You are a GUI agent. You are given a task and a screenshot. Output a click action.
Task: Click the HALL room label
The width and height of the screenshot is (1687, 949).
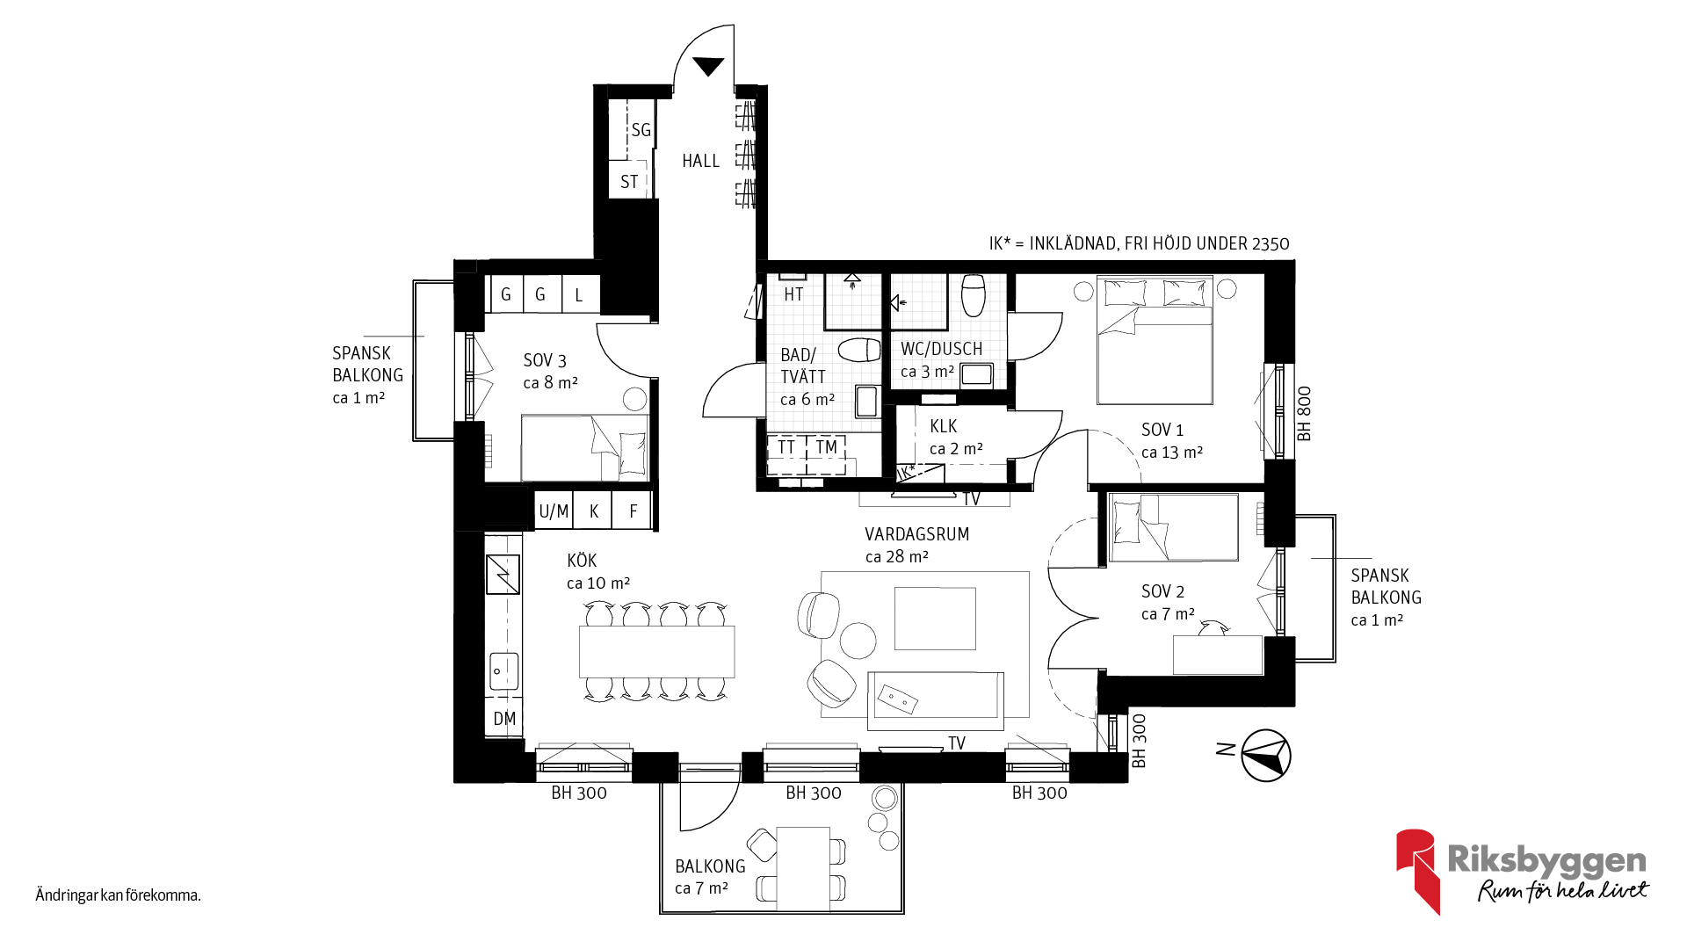pos(700,161)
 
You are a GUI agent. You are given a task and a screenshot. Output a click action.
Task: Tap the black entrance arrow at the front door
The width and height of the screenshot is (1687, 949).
pos(708,66)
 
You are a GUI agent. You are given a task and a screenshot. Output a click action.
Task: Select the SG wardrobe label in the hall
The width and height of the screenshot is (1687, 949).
pos(641,130)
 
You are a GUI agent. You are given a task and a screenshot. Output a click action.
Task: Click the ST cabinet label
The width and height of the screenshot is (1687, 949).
pos(629,182)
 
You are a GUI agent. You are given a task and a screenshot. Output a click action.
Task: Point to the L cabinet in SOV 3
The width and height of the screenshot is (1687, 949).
pos(579,295)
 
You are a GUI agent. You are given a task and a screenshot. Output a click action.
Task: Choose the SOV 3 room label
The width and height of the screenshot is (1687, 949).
pos(545,360)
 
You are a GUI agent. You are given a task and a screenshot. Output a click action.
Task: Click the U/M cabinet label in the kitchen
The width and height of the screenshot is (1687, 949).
pos(554,511)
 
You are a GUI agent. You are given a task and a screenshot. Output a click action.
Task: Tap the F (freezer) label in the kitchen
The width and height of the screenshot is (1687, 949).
pos(634,511)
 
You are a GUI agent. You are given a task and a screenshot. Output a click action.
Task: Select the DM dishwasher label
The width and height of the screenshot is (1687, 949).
pos(504,719)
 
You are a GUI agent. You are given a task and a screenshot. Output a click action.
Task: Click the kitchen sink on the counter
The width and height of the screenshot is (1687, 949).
pos(503,671)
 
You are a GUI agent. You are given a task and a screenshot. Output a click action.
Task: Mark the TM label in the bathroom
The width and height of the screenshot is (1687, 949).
pos(826,447)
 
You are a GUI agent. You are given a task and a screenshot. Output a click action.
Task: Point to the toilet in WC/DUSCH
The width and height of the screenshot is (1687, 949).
pos(973,295)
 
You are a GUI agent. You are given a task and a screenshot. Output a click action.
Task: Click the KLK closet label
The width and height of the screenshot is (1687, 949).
pos(944,426)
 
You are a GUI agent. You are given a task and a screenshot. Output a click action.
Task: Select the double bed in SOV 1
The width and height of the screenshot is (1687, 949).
pos(1155,340)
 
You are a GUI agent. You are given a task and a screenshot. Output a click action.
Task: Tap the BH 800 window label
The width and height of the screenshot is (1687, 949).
pos(1304,414)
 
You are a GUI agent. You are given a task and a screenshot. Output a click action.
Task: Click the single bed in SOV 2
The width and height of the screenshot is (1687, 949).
pos(1174,527)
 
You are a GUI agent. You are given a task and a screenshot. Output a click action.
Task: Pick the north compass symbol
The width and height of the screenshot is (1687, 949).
pos(1266,755)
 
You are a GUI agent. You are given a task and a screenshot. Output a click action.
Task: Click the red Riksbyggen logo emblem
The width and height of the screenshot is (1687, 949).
pos(1416,871)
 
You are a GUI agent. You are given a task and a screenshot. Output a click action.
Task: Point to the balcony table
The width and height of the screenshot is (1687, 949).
pos(803,868)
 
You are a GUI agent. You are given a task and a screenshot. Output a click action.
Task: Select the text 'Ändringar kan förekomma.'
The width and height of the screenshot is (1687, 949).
pos(119,895)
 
